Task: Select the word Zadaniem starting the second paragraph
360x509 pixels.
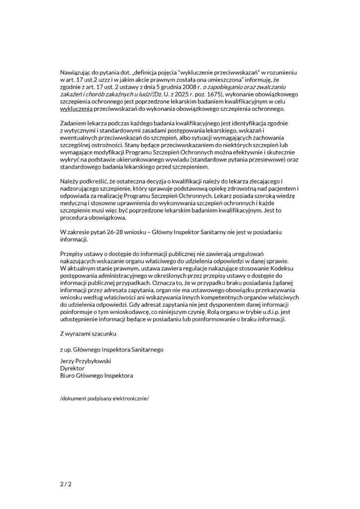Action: coord(74,122)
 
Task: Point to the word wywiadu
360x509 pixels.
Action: coord(159,160)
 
